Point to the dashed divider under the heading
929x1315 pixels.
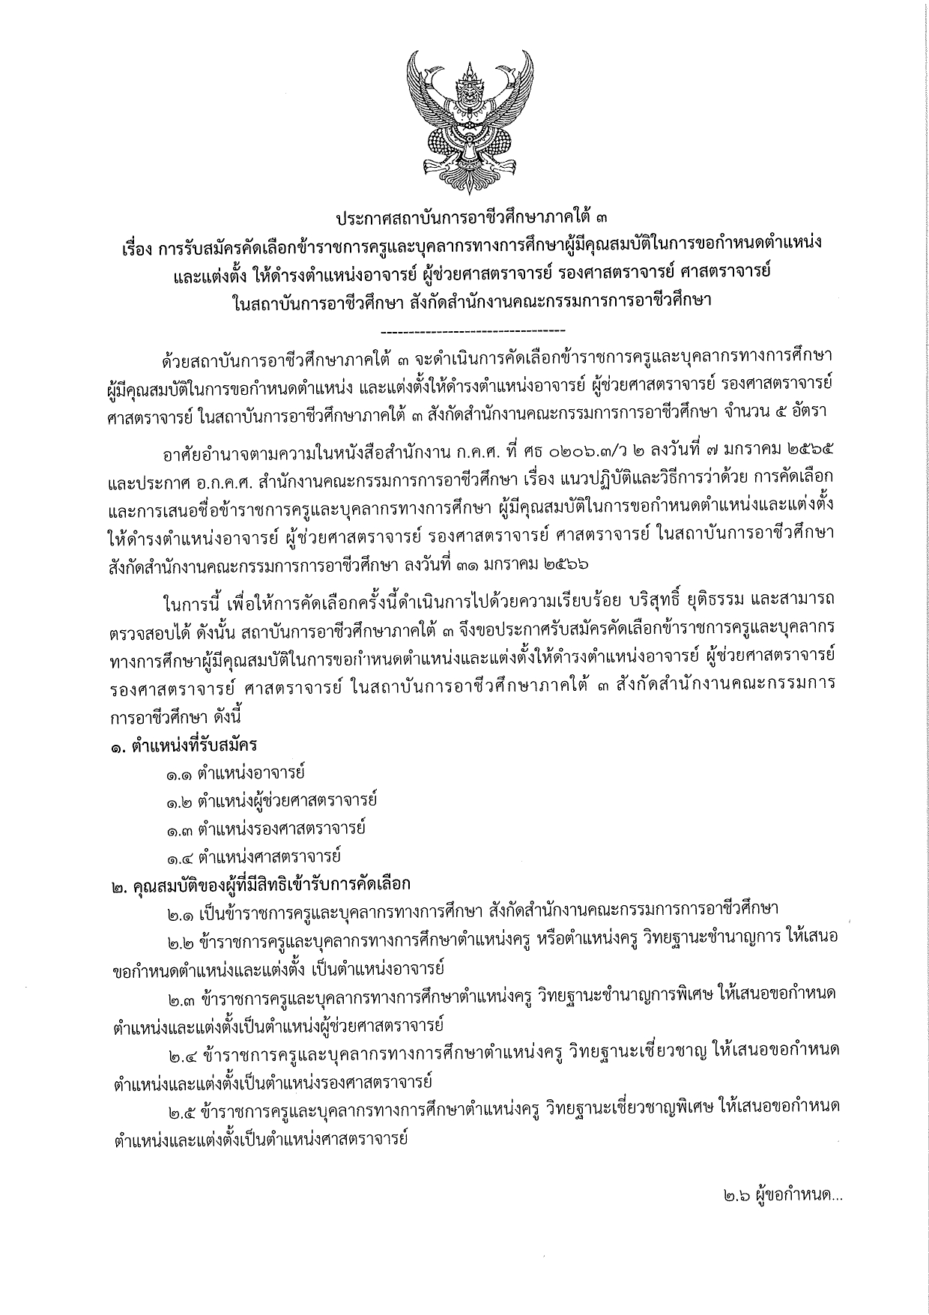coord(473,330)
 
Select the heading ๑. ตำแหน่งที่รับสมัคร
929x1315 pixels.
coord(184,746)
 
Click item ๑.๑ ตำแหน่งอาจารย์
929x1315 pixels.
coord(236,774)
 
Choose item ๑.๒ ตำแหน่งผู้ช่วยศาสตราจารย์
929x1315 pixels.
coord(271,801)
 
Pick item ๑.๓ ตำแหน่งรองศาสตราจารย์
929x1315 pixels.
coord(265,829)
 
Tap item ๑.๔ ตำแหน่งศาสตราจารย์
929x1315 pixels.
coord(254,856)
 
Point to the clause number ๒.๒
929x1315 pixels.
coord(181,940)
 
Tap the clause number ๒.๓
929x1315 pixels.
coord(181,995)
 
